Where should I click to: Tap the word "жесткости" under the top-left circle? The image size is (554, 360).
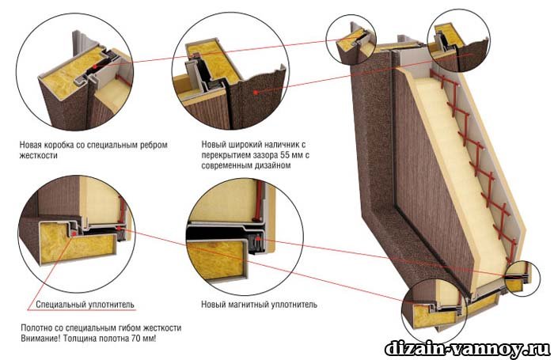tap(38, 155)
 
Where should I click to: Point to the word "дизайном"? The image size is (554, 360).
tap(274, 165)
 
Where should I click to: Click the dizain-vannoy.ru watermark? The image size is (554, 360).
tap(467, 349)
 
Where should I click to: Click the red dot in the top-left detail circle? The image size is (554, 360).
tap(94, 66)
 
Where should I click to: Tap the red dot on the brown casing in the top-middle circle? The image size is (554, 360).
tap(255, 92)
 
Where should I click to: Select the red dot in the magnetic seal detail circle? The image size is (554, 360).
tap(259, 238)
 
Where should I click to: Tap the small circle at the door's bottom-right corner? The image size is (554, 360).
tap(522, 278)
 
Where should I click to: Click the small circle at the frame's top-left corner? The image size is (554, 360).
tap(351, 40)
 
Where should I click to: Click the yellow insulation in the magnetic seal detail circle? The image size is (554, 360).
tap(216, 259)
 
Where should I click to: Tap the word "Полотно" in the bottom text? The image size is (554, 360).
tap(35, 328)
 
